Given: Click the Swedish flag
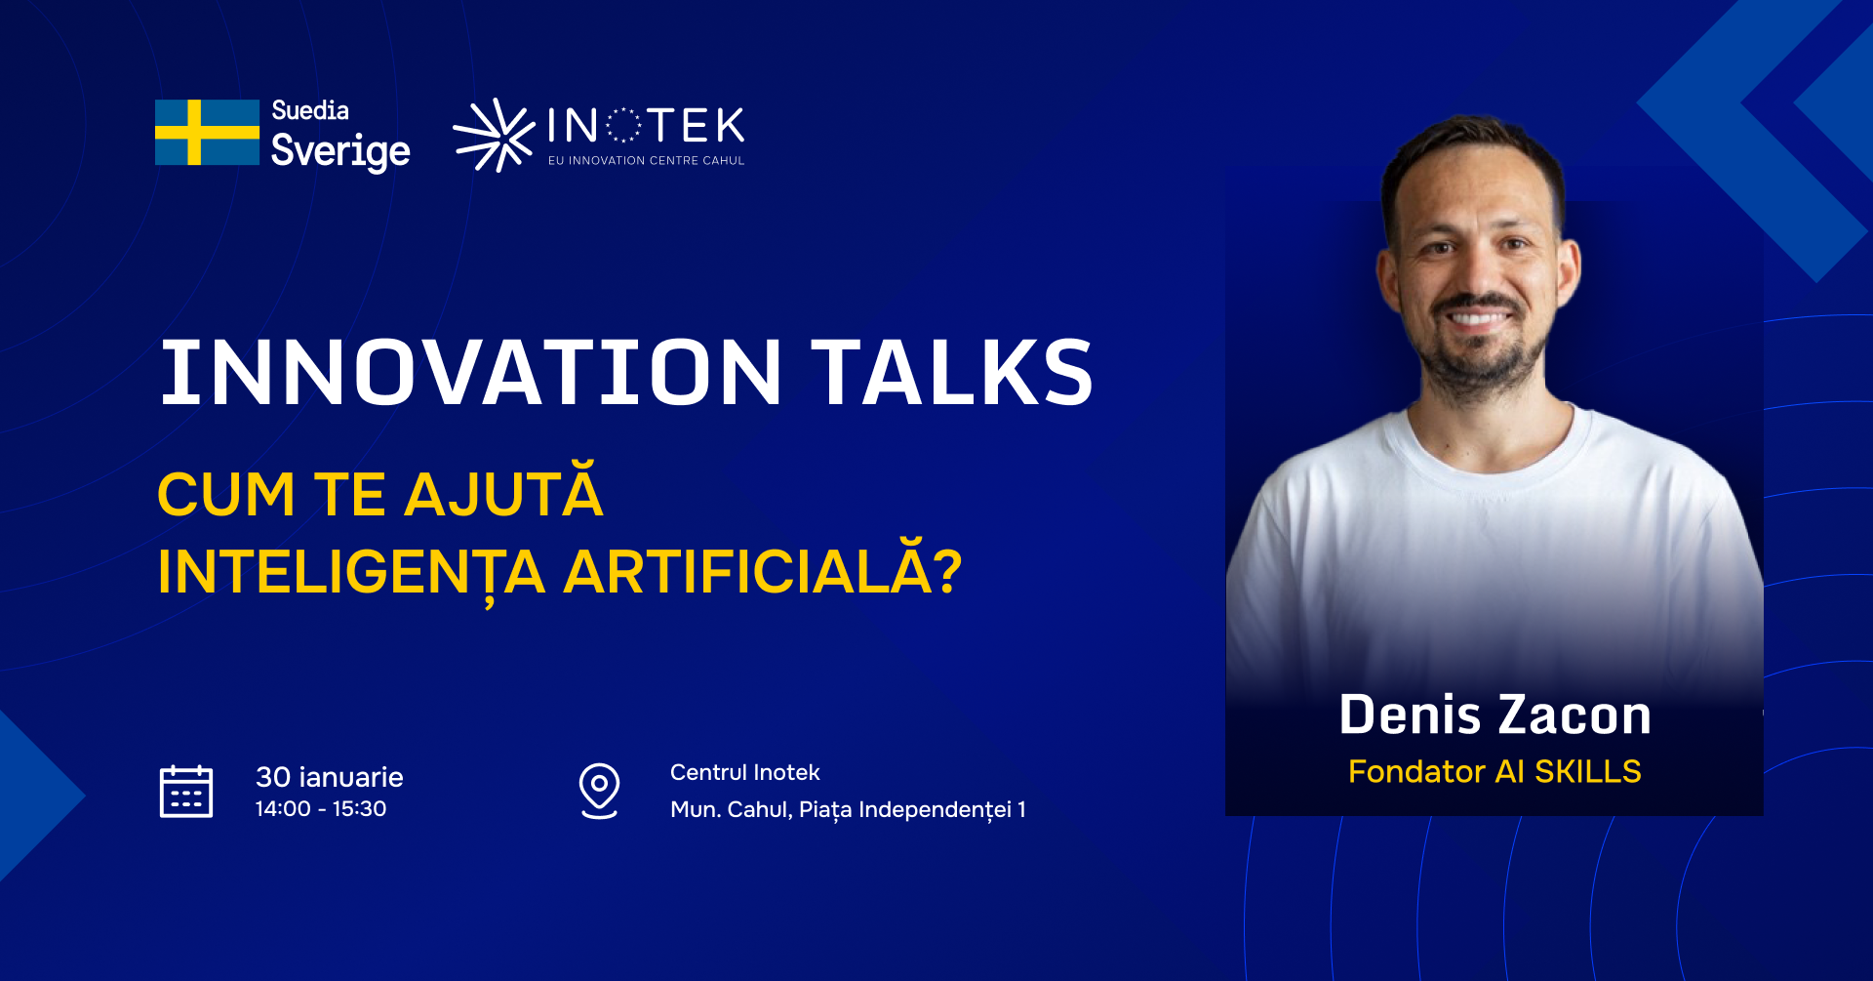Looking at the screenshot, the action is coord(207,132).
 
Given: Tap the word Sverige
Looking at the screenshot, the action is coord(340,151).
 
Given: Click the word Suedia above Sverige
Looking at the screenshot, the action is coord(310,110).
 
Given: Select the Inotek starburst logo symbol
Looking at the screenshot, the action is coord(494,135).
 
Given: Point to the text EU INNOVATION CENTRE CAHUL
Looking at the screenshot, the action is coord(646,160).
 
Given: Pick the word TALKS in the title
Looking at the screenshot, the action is coord(952,372).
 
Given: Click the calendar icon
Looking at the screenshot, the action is coord(186,791).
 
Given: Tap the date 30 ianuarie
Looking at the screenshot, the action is coord(329,777).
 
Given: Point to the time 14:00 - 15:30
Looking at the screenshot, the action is coord(321,809).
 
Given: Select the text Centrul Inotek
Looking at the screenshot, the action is coord(745,772).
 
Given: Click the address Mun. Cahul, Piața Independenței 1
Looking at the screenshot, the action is coord(848,810).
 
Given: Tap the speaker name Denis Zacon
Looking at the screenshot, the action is coord(1495,715).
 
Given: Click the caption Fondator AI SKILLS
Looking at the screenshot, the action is coord(1494,771).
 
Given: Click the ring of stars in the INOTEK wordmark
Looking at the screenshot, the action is coord(623,126).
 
